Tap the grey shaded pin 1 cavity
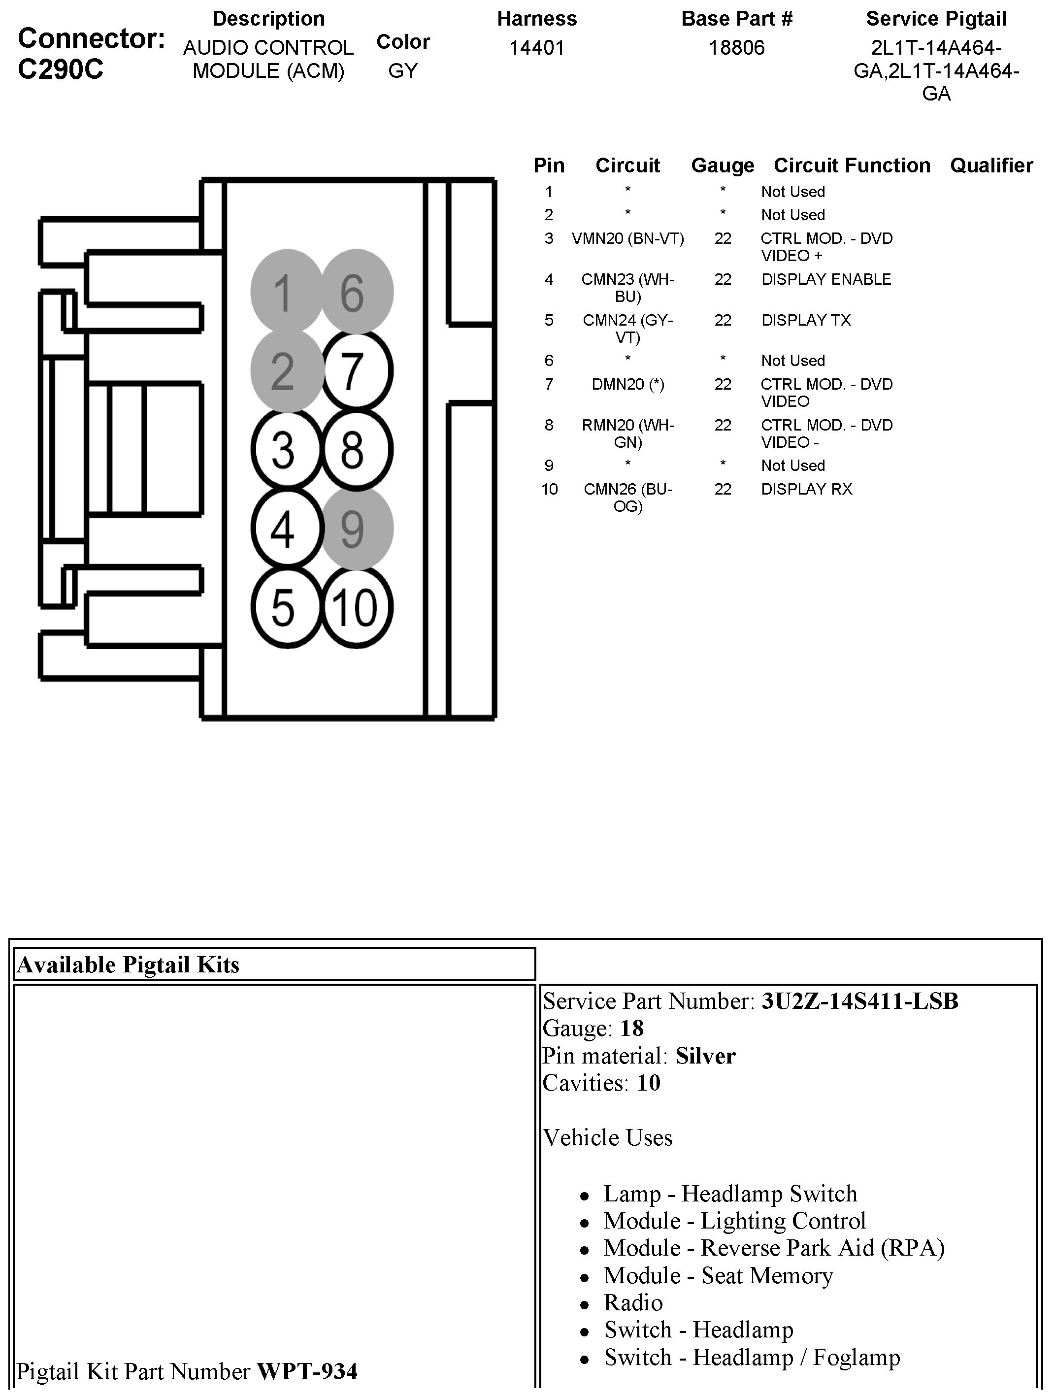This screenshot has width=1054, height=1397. tap(287, 292)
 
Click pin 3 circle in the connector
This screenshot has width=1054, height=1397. tap(287, 450)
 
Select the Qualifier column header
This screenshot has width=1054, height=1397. tap(991, 166)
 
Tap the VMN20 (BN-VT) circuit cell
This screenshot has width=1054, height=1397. tap(628, 239)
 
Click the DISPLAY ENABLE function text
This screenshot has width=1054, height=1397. tap(826, 279)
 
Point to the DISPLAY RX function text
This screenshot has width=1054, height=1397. tap(806, 489)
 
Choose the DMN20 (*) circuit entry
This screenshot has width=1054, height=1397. tap(628, 384)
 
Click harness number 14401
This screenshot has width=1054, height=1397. tap(537, 48)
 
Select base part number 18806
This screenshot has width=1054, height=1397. tap(736, 48)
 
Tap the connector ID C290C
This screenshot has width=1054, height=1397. tap(61, 69)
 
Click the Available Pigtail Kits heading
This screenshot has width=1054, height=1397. tap(129, 965)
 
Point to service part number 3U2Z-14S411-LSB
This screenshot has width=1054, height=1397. tap(859, 1001)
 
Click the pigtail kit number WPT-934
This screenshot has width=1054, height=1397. tap(307, 1371)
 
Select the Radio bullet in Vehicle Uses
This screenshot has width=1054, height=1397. tap(633, 1302)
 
